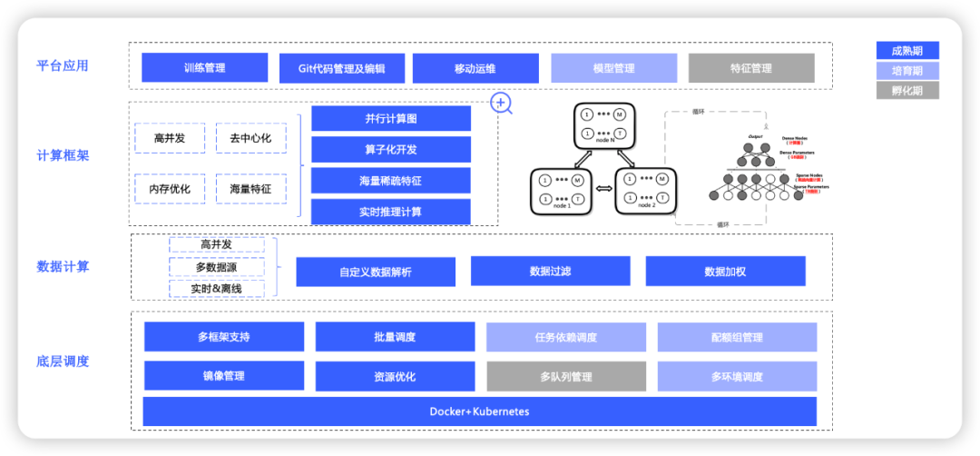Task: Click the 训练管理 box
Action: tap(204, 67)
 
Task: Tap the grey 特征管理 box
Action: tap(750, 68)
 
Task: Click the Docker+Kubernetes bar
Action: tap(479, 411)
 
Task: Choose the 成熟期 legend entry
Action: tap(906, 51)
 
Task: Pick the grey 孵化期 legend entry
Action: tap(906, 91)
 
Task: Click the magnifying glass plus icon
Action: tap(501, 104)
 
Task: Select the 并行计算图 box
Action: tap(390, 119)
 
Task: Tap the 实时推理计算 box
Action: tap(390, 212)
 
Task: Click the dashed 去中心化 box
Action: tap(250, 138)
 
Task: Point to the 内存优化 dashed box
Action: tap(170, 189)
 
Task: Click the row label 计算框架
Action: tap(63, 155)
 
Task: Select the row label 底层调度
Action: tap(63, 361)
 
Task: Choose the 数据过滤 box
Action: tap(550, 271)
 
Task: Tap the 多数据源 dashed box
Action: tap(217, 267)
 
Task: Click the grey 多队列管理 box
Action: tap(565, 376)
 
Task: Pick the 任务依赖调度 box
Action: tap(565, 337)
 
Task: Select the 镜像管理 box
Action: tap(223, 376)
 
